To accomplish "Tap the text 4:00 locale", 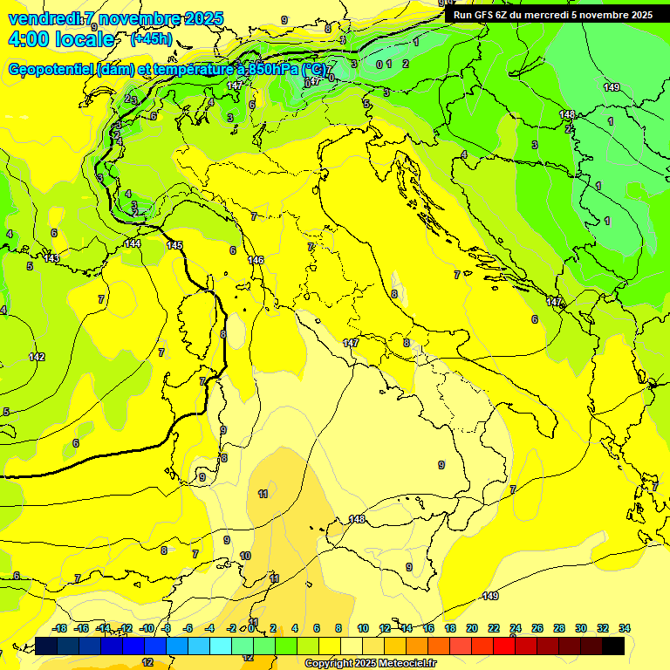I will (60, 39).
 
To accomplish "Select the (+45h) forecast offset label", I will (150, 39).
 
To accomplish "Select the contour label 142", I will (37, 357).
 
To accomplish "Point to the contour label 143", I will (51, 258).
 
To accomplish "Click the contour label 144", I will (133, 243).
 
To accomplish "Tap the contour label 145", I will (175, 245).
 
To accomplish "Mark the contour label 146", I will (256, 260).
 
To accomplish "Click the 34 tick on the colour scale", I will (625, 628).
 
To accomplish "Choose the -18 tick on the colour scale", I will (59, 628).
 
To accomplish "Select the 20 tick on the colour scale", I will (472, 628).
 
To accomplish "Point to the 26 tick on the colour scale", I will (537, 628).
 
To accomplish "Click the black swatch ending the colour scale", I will (613, 646).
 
